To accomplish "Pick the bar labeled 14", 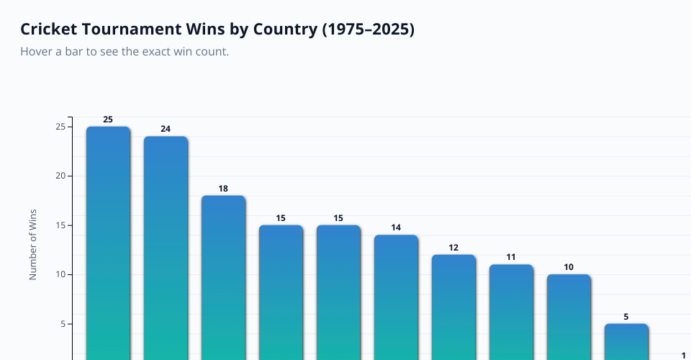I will (396, 295).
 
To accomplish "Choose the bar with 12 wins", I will (453, 305).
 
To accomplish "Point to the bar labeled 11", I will (511, 310).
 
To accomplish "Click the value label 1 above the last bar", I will (684, 355).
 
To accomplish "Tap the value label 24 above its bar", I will (166, 129).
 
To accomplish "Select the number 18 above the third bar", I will (223, 189).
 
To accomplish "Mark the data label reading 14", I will (396, 228).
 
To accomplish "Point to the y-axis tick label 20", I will (60, 176).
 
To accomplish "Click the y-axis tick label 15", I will (60, 225).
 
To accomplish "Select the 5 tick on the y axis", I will (63, 324).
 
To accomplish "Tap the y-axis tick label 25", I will (60, 127).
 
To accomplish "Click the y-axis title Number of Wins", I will (32, 245).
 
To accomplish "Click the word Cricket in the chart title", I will (49, 30).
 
